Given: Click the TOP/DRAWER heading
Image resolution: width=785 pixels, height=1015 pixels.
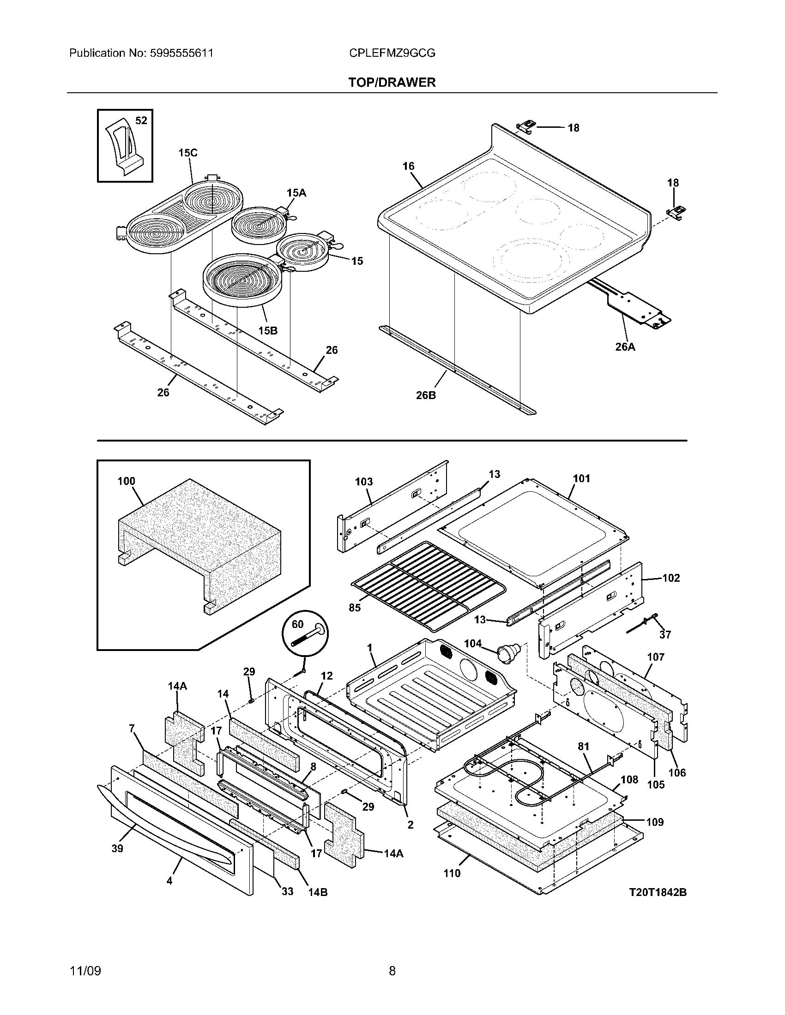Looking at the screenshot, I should pos(392,82).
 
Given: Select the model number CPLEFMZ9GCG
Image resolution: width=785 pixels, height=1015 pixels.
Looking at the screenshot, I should pos(392,53).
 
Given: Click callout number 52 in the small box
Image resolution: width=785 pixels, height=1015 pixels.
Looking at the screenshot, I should pos(141,120).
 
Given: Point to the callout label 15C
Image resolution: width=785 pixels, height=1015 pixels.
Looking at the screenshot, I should pos(188,152).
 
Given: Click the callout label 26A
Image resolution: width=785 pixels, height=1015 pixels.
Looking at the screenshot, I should pos(625,346).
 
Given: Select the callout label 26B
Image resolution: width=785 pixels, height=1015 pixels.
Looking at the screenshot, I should pos(426,395).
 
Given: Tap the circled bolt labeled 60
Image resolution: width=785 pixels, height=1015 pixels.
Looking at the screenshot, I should pos(305,632).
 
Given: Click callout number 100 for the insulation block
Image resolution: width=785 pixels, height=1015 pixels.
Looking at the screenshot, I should pos(126,481).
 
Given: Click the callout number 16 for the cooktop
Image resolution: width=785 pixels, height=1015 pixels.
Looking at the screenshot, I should pos(408,166).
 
